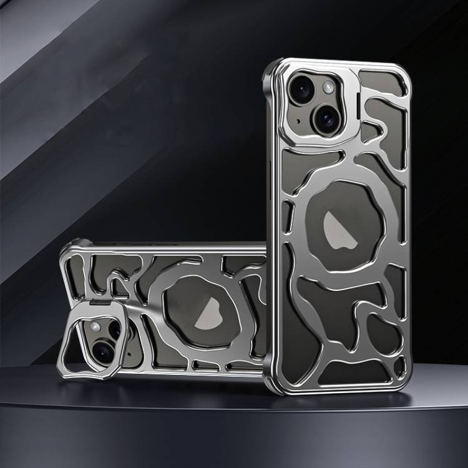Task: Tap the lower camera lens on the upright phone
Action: point(326,118)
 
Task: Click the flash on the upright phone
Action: point(328,88)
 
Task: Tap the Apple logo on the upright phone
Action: point(340,230)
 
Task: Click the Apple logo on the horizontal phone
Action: point(211,313)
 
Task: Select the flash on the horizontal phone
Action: point(95,328)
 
